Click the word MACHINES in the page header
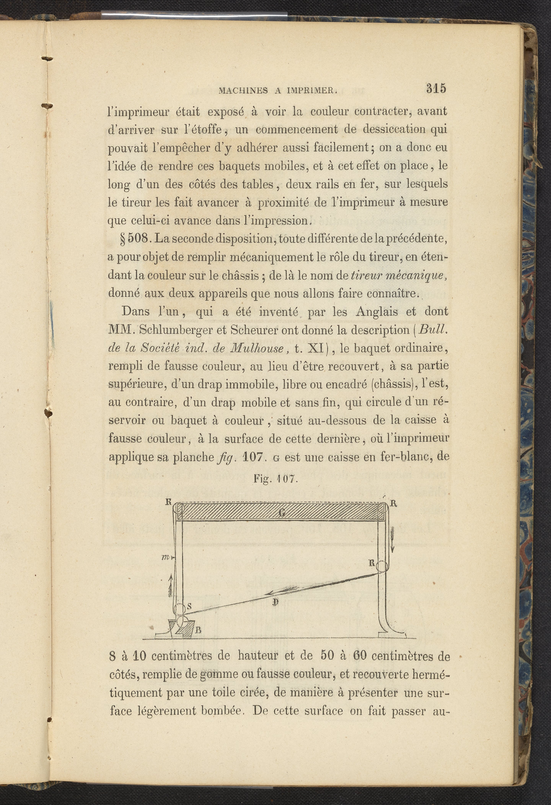coord(243,91)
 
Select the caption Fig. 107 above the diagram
coord(275,479)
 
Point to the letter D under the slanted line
coord(275,602)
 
